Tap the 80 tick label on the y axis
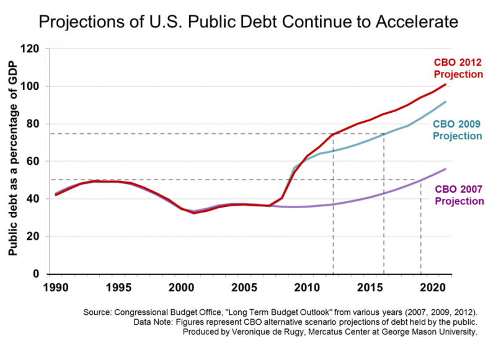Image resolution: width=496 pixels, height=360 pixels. click(x=35, y=124)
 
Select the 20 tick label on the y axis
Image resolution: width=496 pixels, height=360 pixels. click(x=35, y=237)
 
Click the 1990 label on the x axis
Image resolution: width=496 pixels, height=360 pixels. click(x=56, y=288)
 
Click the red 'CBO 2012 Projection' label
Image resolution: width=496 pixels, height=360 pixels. click(x=458, y=68)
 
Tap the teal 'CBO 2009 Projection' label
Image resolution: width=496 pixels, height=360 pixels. click(x=458, y=130)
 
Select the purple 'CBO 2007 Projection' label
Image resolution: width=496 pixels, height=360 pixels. click(x=459, y=195)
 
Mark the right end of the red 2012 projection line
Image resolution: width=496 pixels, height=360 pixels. click(x=446, y=84)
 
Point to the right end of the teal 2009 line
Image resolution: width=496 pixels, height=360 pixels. click(x=446, y=102)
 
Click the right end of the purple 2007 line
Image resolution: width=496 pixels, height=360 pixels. click(x=446, y=169)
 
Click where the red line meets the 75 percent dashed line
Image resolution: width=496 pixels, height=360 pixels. click(x=334, y=134)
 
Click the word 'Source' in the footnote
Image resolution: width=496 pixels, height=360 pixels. click(x=149, y=314)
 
